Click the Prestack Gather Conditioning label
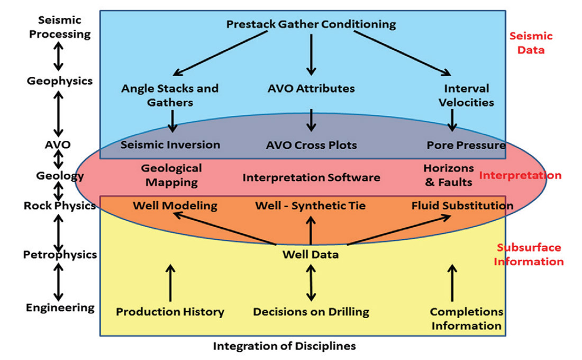(311, 24)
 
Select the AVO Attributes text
(311, 88)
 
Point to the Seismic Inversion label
(170, 145)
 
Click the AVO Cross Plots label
(311, 145)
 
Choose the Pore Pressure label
(466, 145)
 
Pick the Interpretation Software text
(311, 177)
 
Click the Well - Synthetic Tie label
(310, 205)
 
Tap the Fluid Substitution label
(462, 205)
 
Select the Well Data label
(311, 255)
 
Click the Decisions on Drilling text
(311, 312)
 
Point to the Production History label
(170, 312)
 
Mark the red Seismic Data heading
(531, 43)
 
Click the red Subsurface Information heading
(530, 255)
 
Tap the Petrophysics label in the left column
(60, 255)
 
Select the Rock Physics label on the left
(59, 205)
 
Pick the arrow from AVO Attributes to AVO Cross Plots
(311, 120)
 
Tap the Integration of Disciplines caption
(284, 346)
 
